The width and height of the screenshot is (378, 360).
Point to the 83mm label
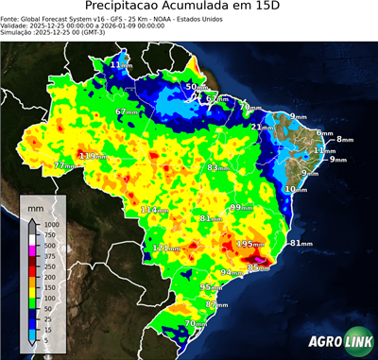(219, 167)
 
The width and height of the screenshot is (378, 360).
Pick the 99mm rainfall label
(242, 207)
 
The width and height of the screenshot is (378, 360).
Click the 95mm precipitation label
(213, 287)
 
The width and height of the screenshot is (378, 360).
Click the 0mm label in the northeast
(324, 133)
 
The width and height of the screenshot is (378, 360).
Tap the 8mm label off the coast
(344, 139)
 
